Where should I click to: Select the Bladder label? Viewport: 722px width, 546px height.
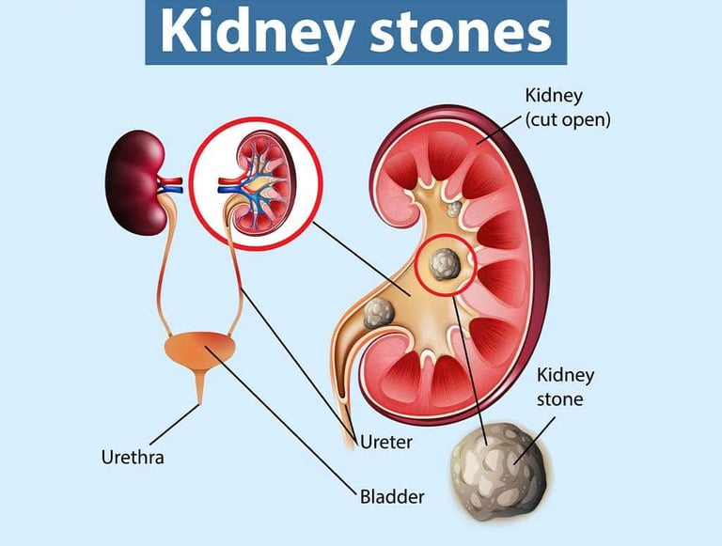coord(392,495)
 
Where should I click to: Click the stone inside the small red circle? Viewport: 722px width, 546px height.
coord(445,264)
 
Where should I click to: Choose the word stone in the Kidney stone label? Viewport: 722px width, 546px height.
coord(560,398)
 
